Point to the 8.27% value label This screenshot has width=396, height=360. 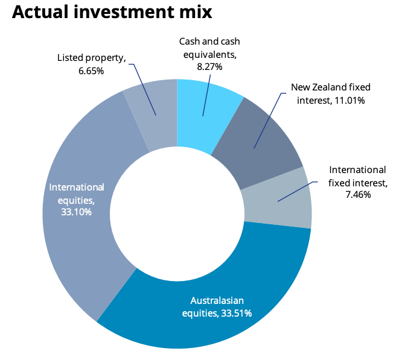point(209,66)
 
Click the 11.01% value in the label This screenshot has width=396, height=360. point(348,99)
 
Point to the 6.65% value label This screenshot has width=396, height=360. point(91,71)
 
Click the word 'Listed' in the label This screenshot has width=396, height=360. point(71,58)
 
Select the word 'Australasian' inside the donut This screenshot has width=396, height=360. point(217,300)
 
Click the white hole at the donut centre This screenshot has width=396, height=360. point(177,214)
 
